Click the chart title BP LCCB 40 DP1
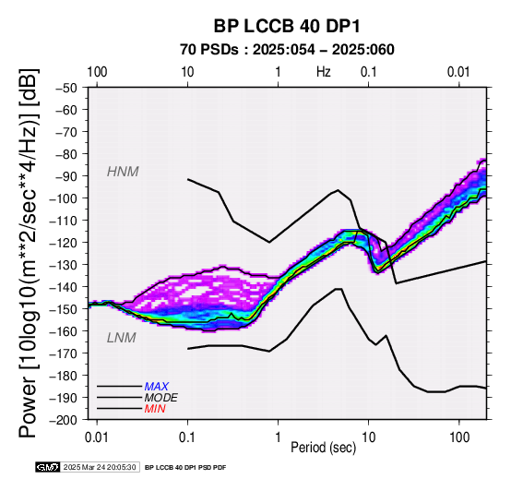point(287,26)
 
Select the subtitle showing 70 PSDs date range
point(287,50)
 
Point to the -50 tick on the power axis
point(66,88)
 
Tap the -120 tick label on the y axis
point(63,243)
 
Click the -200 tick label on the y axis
point(63,420)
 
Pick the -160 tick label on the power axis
point(63,331)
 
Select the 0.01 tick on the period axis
point(97,437)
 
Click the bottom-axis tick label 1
point(278,437)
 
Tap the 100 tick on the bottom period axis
point(459,437)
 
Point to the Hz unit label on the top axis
point(323,72)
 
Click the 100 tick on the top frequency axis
point(97,72)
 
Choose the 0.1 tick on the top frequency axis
point(369,72)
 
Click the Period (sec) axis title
point(323,448)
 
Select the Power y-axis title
point(29,253)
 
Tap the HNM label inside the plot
point(123,172)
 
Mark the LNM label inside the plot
point(121,338)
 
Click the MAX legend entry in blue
point(157,387)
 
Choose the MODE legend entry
point(161,398)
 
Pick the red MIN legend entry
point(155,409)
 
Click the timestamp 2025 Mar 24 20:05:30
point(100,467)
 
